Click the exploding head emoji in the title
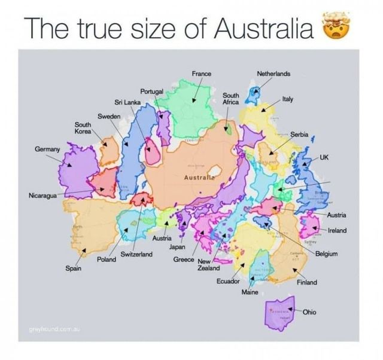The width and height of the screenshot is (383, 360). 336,27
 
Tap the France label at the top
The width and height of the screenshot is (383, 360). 201,74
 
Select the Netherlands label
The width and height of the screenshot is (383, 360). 273,74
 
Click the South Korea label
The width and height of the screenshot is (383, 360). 83,126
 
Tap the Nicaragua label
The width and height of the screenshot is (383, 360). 44,196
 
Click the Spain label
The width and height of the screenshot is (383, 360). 74,269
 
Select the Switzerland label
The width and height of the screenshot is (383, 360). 137,255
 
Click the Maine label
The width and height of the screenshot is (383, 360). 250,292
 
